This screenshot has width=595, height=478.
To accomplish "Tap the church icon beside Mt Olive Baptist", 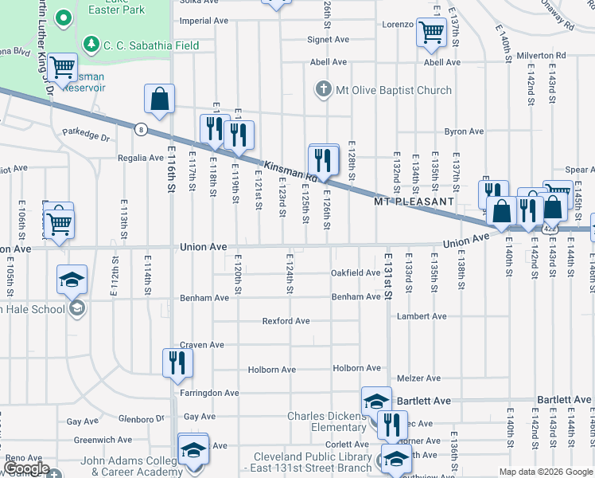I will [x=324, y=89].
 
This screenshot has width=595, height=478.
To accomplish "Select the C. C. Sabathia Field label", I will [x=151, y=45].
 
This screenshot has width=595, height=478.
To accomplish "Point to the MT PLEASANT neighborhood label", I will [x=414, y=202].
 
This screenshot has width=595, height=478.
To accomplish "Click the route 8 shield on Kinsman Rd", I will [x=141, y=129].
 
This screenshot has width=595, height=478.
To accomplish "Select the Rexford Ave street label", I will [x=286, y=321].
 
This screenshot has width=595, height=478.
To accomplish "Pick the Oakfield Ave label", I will [x=356, y=272].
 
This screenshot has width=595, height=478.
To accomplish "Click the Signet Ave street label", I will [x=329, y=39].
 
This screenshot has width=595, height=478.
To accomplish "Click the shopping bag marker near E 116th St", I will [x=160, y=100].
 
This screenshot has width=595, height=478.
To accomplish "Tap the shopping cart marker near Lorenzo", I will [x=430, y=33].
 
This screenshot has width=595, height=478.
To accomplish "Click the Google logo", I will [x=25, y=469].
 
